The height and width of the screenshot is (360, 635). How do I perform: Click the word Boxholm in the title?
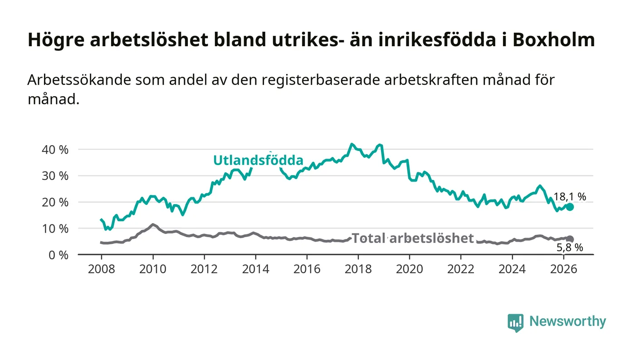pyautogui.click(x=554, y=40)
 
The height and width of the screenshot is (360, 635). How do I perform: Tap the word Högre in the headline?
pyautogui.click(x=56, y=40)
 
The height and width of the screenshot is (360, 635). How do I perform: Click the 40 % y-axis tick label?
pyautogui.click(x=55, y=150)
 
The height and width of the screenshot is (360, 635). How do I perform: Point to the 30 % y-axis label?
pyautogui.click(x=55, y=176)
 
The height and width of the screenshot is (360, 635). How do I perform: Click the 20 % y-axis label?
pyautogui.click(x=55, y=202)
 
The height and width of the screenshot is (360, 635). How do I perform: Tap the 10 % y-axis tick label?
pyautogui.click(x=55, y=229)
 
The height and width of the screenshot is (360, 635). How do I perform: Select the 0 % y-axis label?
pyautogui.click(x=59, y=255)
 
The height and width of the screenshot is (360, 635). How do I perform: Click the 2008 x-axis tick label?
pyautogui.click(x=101, y=269)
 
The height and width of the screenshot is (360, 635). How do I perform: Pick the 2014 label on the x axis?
pyautogui.click(x=255, y=269)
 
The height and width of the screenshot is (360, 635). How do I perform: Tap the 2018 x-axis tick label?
pyautogui.click(x=358, y=269)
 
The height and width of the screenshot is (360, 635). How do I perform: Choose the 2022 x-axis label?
pyautogui.click(x=461, y=269)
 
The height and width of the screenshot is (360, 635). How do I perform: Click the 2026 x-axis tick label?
pyautogui.click(x=563, y=269)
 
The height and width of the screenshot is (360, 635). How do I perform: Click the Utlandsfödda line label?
pyautogui.click(x=258, y=161)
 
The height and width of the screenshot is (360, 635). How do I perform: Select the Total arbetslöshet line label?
pyautogui.click(x=413, y=238)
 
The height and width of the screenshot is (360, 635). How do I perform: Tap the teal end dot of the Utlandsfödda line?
pyautogui.click(x=570, y=207)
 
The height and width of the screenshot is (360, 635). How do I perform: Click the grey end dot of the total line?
pyautogui.click(x=570, y=239)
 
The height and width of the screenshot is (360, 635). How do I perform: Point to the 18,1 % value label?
pyautogui.click(x=570, y=196)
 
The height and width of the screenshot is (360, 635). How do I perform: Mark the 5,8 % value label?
pyautogui.click(x=570, y=248)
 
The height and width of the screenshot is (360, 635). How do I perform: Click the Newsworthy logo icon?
pyautogui.click(x=515, y=322)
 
